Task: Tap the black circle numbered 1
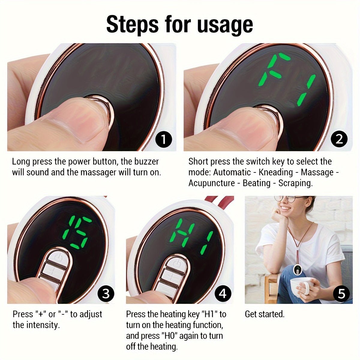pos(164,139)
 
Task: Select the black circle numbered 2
pos(339,139)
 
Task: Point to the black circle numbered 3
pos(106,293)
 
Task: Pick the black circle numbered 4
pos(222,293)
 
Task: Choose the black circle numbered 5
pos(341,293)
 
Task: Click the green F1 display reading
pos(287,79)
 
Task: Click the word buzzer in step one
pos(145,162)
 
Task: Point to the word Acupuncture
pos(211,183)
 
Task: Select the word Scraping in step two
pos(295,183)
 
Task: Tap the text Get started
pos(265,314)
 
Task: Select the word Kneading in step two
pos(275,172)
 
